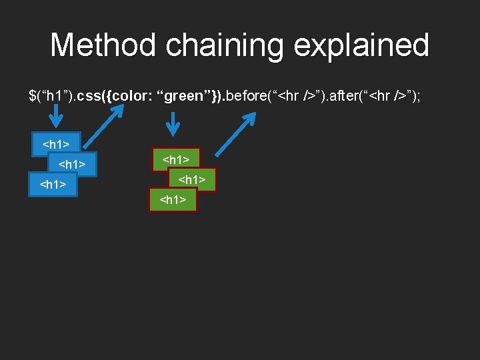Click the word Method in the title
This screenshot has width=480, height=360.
(104, 45)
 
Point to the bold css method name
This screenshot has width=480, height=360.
(89, 96)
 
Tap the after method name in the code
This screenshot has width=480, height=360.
(343, 96)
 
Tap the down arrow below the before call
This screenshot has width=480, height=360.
(173, 123)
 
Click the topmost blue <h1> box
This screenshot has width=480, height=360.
(57, 143)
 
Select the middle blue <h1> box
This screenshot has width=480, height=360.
(73, 164)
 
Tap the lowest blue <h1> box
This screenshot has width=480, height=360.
(53, 185)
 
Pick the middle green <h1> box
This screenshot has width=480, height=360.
(192, 179)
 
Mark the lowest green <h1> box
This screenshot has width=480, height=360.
(173, 199)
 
